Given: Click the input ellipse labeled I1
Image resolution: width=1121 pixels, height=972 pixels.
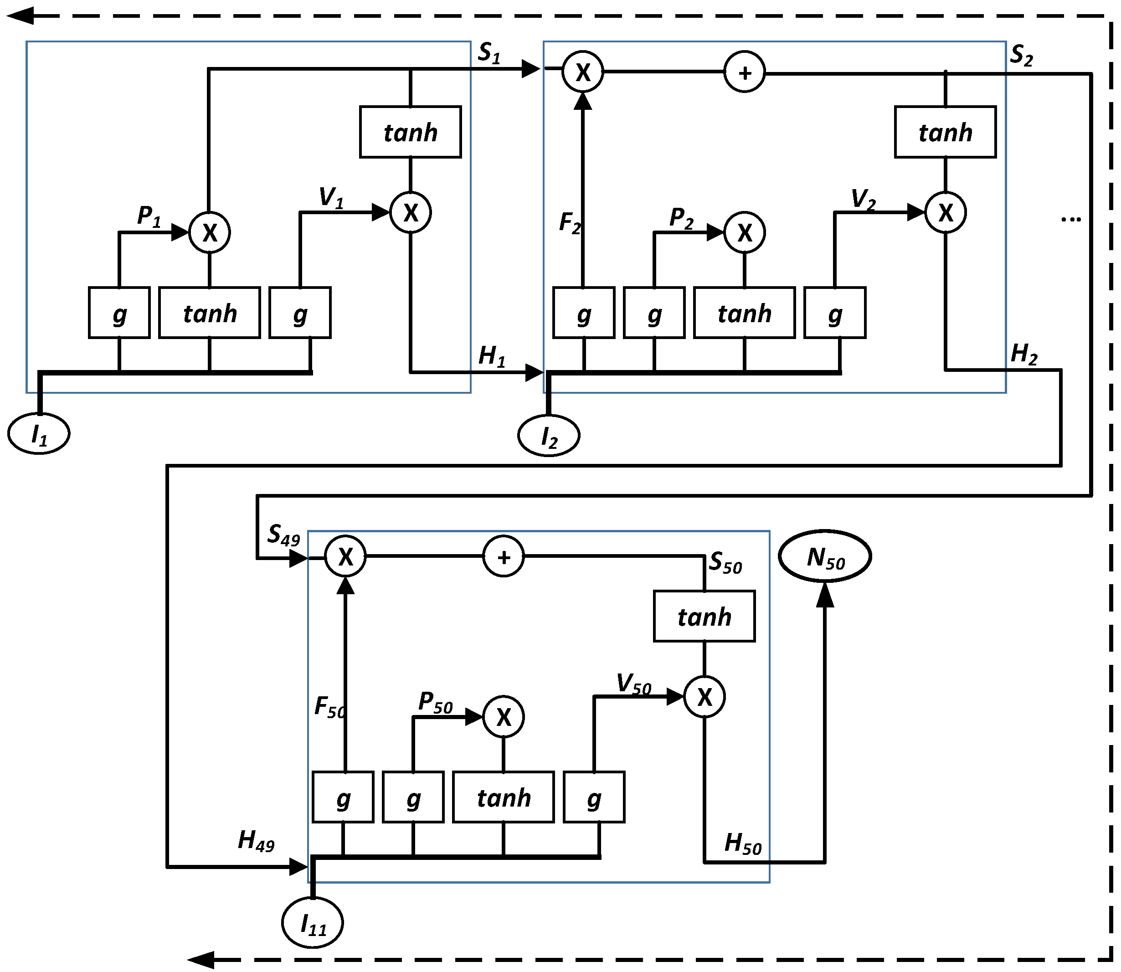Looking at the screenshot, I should click(38, 433).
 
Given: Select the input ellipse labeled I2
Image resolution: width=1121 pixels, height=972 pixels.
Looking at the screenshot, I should click(549, 436).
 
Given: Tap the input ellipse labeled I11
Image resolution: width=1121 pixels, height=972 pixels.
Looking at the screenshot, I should click(313, 923).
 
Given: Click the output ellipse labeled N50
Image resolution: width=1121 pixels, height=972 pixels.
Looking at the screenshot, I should click(825, 556).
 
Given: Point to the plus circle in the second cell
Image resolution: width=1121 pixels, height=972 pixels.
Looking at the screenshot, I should click(745, 72).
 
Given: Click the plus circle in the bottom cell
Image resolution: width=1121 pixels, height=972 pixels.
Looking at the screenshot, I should click(503, 556).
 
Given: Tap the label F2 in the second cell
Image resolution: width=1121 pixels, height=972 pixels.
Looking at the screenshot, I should click(570, 223).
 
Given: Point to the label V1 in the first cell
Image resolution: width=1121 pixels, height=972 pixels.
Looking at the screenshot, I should click(331, 198).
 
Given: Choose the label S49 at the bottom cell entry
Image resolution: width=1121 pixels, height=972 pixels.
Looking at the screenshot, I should click(283, 535).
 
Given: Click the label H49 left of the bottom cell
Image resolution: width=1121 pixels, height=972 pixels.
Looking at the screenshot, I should click(256, 841).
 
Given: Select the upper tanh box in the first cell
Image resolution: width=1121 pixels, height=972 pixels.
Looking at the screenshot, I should click(411, 132).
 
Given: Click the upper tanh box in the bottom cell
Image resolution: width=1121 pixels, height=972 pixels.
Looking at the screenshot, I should click(704, 616).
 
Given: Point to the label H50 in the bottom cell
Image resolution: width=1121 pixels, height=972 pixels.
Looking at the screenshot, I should click(743, 844).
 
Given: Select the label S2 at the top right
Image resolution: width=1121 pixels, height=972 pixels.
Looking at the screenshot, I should click(1022, 55).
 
